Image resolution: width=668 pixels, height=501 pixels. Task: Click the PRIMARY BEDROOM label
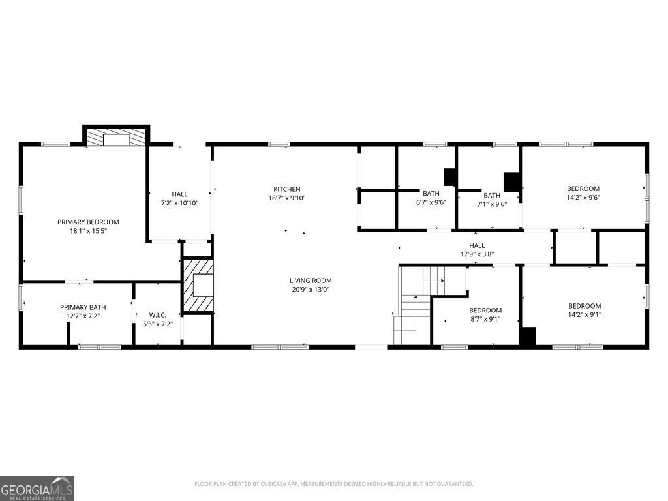[x=88, y=222]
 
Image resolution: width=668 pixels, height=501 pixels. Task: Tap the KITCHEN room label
[x=286, y=189]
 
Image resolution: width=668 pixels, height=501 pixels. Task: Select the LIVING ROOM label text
[x=311, y=281]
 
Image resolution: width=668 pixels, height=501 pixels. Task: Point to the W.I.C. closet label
[x=157, y=315]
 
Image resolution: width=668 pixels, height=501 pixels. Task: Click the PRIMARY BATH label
[x=83, y=307]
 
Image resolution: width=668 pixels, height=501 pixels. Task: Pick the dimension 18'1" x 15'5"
[x=88, y=230]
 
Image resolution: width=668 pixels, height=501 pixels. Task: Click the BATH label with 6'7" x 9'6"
[x=431, y=193]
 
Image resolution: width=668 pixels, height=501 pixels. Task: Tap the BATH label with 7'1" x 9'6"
[x=492, y=195]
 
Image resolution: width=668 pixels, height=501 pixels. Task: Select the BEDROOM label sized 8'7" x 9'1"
[x=485, y=310]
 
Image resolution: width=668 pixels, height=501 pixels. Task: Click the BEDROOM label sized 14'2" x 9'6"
[x=583, y=189]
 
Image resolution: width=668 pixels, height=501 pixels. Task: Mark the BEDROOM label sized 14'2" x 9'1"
[x=584, y=306]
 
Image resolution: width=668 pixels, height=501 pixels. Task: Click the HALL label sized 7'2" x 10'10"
[x=179, y=194]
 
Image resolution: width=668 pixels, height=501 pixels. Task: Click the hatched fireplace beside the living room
[x=198, y=286]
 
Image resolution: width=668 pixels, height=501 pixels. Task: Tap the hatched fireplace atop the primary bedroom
[x=116, y=138]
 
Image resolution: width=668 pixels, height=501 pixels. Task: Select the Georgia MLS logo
[x=37, y=488]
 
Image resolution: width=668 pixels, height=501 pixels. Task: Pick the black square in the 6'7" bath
[x=450, y=177]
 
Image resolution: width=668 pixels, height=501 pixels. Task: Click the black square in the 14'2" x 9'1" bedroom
[x=527, y=337]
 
